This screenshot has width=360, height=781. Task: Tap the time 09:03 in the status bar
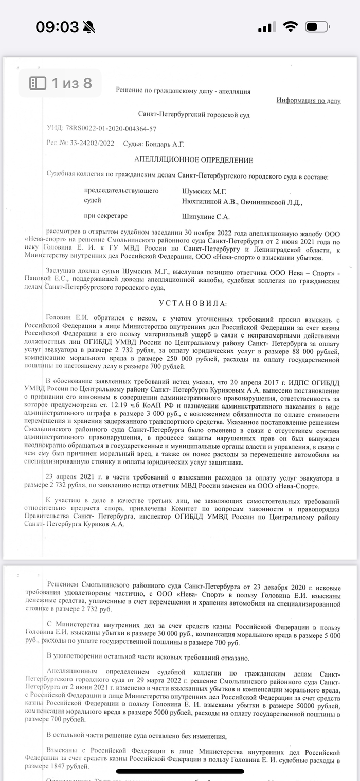tap(57, 27)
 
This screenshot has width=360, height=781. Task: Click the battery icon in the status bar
tap(317, 27)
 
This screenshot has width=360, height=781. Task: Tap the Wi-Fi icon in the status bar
tap(291, 27)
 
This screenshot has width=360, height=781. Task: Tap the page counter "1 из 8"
tap(61, 83)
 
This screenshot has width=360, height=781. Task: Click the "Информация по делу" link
tap(308, 101)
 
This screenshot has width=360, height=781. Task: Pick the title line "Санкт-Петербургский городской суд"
tap(194, 114)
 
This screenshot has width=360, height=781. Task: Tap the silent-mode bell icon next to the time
tap(88, 27)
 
